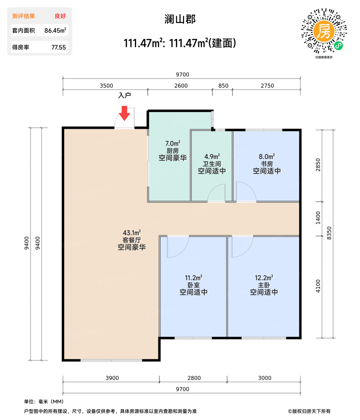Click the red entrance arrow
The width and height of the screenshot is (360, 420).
(x=124, y=113)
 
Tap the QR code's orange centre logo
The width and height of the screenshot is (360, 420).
(x=324, y=31)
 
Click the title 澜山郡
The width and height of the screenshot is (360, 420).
(x=180, y=19)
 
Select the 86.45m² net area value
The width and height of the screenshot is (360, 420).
(x=55, y=31)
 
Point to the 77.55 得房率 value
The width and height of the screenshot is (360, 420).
(x=58, y=47)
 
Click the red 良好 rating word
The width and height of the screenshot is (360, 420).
(x=60, y=16)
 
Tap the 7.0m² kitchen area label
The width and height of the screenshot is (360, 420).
(x=173, y=143)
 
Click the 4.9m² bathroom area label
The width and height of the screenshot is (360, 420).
(x=212, y=157)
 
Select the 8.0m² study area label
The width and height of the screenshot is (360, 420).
(x=267, y=157)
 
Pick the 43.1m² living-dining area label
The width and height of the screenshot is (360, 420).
(x=132, y=233)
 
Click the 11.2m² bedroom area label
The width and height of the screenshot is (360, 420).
(x=193, y=278)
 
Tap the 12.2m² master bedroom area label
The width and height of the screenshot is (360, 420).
(x=264, y=278)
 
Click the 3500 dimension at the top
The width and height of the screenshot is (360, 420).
(x=106, y=86)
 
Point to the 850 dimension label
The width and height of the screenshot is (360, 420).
(x=223, y=86)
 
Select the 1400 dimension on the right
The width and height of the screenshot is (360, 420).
(x=318, y=218)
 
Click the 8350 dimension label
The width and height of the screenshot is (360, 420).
(x=329, y=233)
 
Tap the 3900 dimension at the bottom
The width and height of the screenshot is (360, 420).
(x=112, y=378)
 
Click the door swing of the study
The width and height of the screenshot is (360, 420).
(x=245, y=192)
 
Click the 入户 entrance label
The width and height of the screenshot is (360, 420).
(x=124, y=95)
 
